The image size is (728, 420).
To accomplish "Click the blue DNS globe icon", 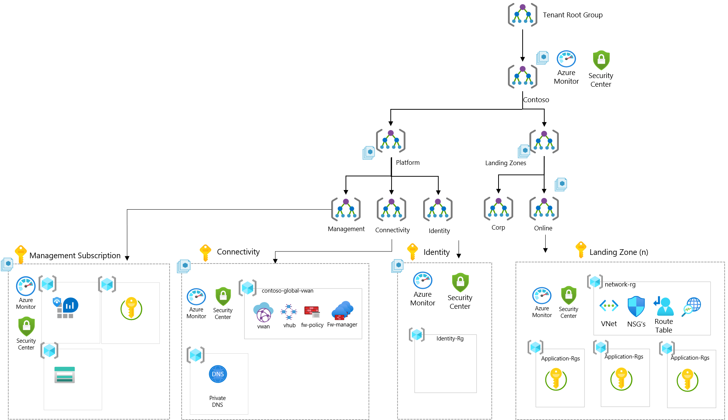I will pos(218,374).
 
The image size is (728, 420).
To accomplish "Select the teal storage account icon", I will pos(64,375).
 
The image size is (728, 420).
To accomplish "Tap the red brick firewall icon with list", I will pos(312,312).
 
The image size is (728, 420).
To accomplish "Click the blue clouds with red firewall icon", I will pos(342,311).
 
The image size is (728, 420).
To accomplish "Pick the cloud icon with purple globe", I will pos(263,312).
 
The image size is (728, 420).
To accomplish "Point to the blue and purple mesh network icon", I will pos(289,312).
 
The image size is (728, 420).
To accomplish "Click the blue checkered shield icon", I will pos(636,306).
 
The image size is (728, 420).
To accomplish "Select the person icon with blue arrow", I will pos(664,306).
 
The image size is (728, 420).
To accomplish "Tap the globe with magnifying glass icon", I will pos(691,307).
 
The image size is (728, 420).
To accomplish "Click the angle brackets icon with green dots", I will pos(609,305).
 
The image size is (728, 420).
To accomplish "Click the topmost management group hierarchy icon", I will pos(522,15).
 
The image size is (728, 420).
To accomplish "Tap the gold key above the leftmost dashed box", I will pos(21,254).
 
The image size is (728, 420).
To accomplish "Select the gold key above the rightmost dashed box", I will pos(581,249).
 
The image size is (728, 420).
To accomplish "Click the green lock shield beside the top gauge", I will pos(601,60).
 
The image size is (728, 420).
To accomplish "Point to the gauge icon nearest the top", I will pos(566,59).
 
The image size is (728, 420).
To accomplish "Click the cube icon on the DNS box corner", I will pos(196,355).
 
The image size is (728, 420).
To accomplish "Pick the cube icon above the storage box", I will pos(49,350).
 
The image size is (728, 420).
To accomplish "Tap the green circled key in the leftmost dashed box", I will pos(131,308).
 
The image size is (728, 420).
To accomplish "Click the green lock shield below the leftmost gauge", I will pos(26,326).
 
